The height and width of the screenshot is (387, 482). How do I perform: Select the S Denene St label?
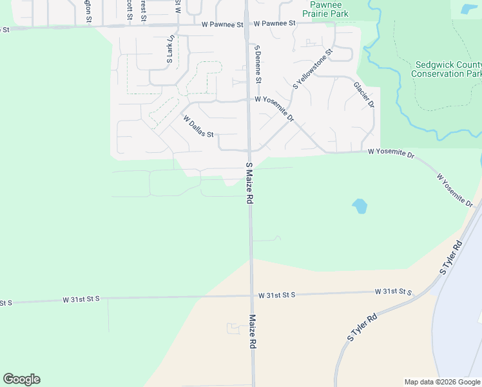click(258, 64)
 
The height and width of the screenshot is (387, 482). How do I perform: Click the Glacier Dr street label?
click(363, 95)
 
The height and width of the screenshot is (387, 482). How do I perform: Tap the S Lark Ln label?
click(171, 51)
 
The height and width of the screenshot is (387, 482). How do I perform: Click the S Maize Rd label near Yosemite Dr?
click(248, 183)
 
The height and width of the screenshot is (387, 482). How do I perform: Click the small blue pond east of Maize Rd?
click(360, 207)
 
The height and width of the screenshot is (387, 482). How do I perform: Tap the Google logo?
click(21, 379)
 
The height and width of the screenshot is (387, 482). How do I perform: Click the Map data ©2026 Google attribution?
click(442, 382)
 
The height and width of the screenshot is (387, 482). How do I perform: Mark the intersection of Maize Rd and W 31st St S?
click(251, 296)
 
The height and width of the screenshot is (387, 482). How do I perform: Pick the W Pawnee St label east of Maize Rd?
click(274, 23)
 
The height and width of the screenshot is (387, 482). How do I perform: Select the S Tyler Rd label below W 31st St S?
click(361, 327)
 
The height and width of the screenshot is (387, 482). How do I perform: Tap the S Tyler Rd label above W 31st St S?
click(452, 257)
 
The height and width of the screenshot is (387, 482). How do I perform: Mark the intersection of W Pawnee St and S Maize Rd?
click(246, 25)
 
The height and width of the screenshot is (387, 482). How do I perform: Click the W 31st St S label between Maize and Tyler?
click(276, 295)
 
